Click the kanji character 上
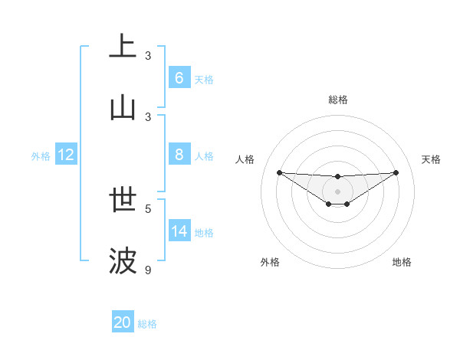coord(123,46)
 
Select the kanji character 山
coord(123,108)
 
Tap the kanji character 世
coord(123,199)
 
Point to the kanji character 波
coord(123,261)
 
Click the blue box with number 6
coord(179,77)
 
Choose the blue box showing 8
coord(179,155)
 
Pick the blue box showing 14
coord(179,231)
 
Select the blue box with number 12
coord(66,155)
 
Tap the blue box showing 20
coord(123,322)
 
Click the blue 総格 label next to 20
coord(147,324)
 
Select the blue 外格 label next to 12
coord(41,156)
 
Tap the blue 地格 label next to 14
coord(204,232)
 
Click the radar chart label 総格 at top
coord(338,100)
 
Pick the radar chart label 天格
coord(432,159)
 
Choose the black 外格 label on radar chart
coord(270,262)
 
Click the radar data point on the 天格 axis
coord(396,172)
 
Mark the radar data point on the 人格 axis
coord(279,172)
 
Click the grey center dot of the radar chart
coord(337,191)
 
